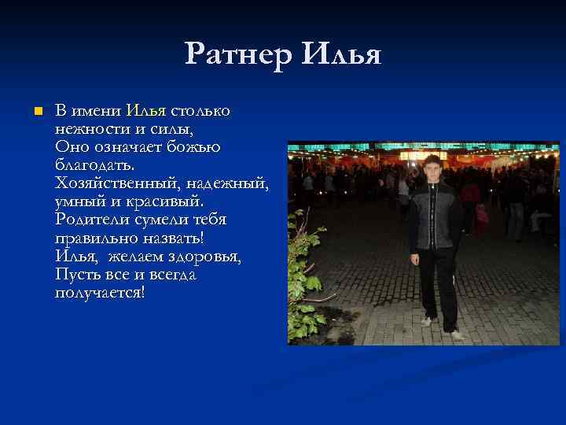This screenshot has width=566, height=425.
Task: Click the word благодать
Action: pos(95,164)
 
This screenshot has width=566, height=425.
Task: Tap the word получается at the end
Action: pos(100,292)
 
